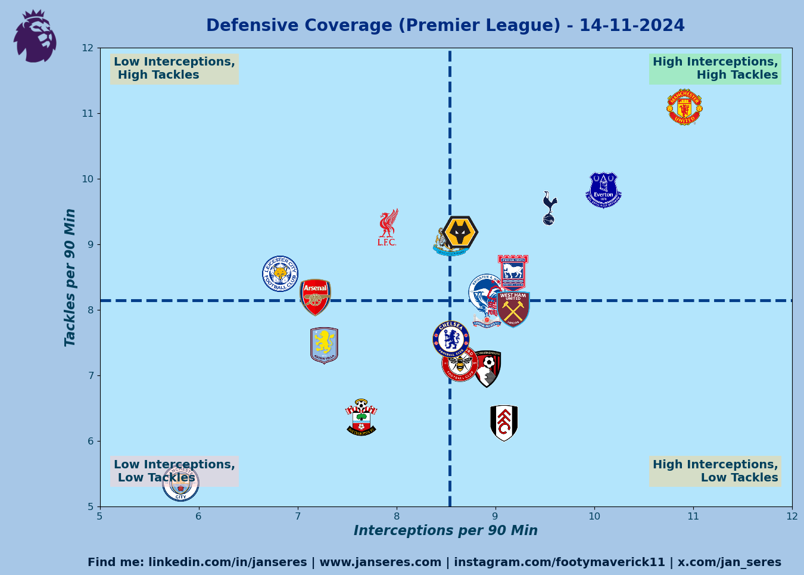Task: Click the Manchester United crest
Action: [684, 107]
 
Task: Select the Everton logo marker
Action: [603, 190]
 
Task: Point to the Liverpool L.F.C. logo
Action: [388, 228]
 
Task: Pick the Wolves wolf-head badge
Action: [460, 232]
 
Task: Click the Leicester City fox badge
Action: [281, 273]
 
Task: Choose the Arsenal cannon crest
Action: [315, 297]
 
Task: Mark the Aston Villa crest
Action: [324, 345]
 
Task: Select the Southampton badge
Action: [361, 418]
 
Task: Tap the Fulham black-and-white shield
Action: [504, 423]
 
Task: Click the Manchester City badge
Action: [180, 483]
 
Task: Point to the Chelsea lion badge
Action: [450, 339]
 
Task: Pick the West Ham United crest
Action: [513, 309]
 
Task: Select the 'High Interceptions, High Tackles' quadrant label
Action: [715, 69]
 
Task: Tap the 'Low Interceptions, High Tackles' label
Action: [174, 69]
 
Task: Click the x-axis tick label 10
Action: [594, 516]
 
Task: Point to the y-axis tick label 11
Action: [88, 113]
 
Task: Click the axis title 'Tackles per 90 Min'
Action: [70, 277]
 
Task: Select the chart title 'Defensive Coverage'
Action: [445, 26]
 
